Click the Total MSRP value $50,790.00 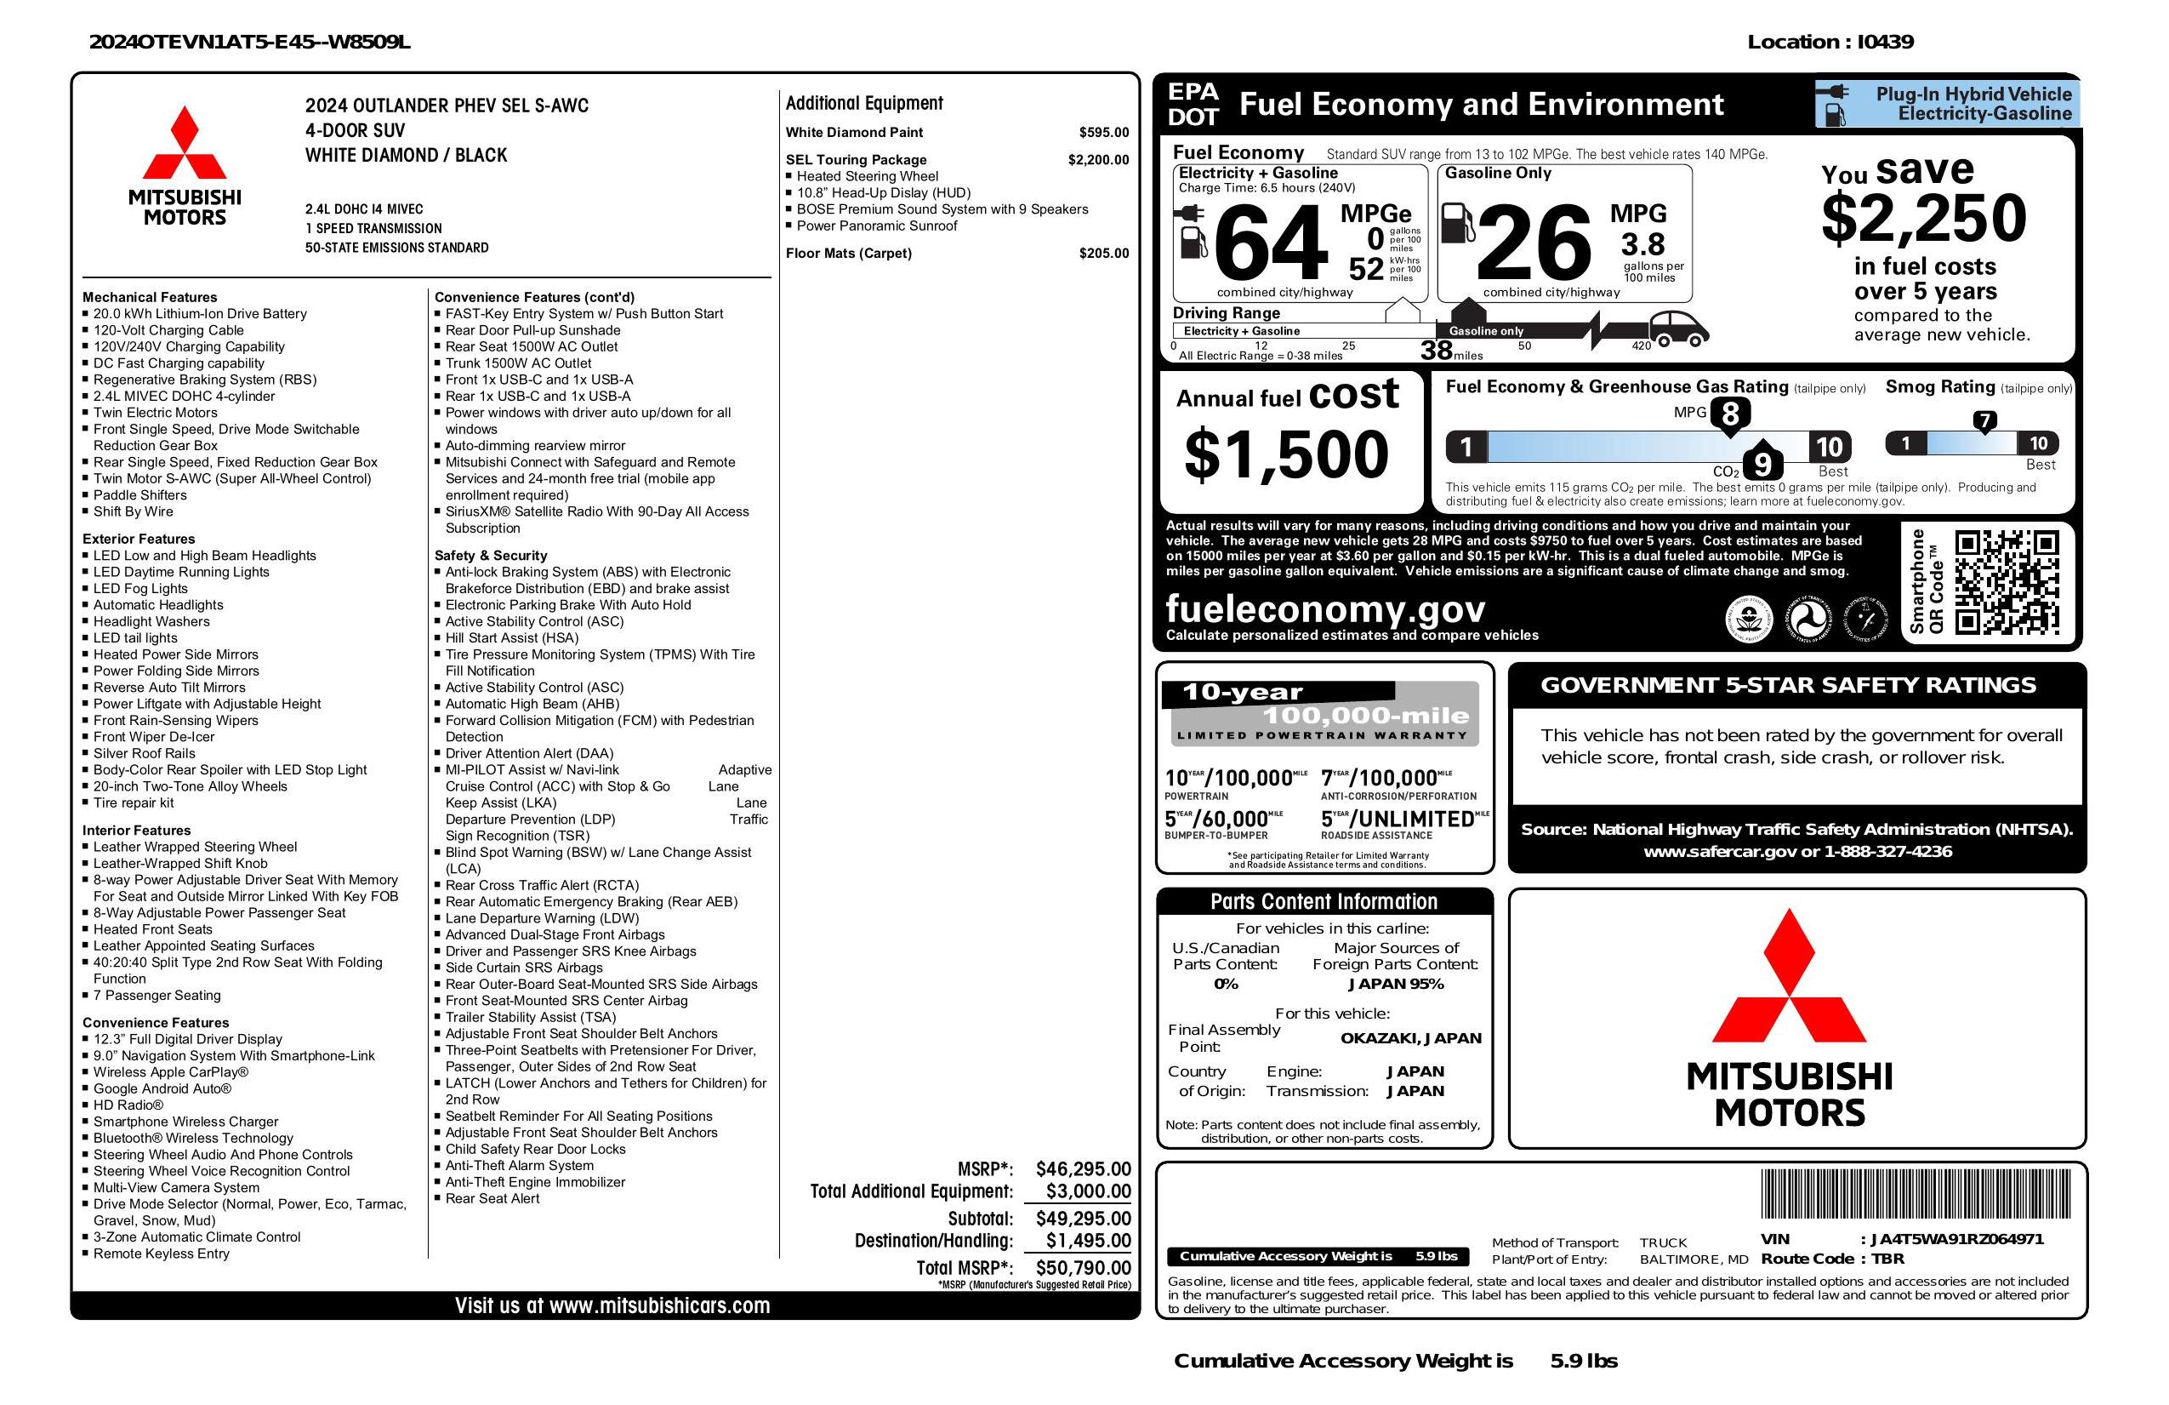[x=1083, y=1267]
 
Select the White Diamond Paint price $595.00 [x=1104, y=132]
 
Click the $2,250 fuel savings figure [x=1924, y=219]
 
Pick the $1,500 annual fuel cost [x=1286, y=455]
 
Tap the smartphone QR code [x=2006, y=583]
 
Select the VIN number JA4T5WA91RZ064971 [x=1956, y=1239]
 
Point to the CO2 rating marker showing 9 [x=1762, y=465]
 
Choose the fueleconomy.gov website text [x=1325, y=608]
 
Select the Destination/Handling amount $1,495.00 [x=1088, y=1240]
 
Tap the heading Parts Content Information [x=1324, y=902]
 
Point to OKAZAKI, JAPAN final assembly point [x=1410, y=1037]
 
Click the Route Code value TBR [x=1887, y=1259]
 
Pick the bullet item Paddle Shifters [x=139, y=495]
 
